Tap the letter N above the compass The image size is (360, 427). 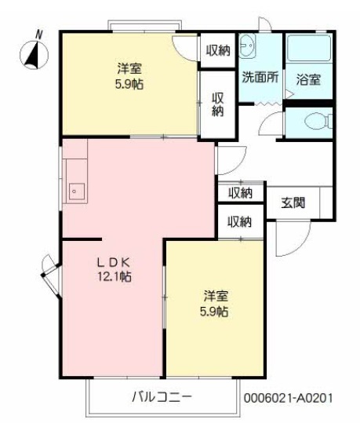pyautogui.click(x=39, y=34)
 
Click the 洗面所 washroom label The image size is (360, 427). pyautogui.click(x=259, y=78)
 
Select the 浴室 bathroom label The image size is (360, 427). pyautogui.click(x=308, y=78)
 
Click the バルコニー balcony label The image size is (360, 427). pyautogui.click(x=160, y=396)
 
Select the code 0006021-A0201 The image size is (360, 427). pyautogui.click(x=293, y=398)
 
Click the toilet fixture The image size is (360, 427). pyautogui.click(x=313, y=121)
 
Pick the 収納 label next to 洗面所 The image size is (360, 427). pyautogui.click(x=218, y=50)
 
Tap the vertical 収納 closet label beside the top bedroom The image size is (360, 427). pyautogui.click(x=217, y=104)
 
